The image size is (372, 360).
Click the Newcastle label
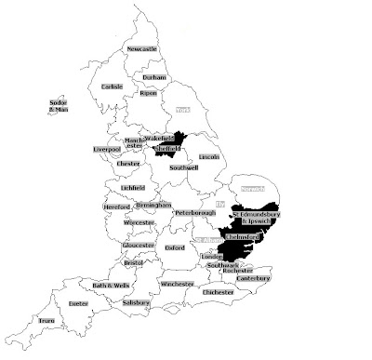[x=143, y=48]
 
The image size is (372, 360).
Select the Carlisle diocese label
[x=113, y=87]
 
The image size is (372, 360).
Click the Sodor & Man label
[x=59, y=107]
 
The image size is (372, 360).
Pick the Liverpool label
[x=108, y=148]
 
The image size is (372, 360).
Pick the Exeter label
[x=78, y=303]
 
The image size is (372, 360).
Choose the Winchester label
[x=176, y=283]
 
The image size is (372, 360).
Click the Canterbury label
[x=252, y=278]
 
